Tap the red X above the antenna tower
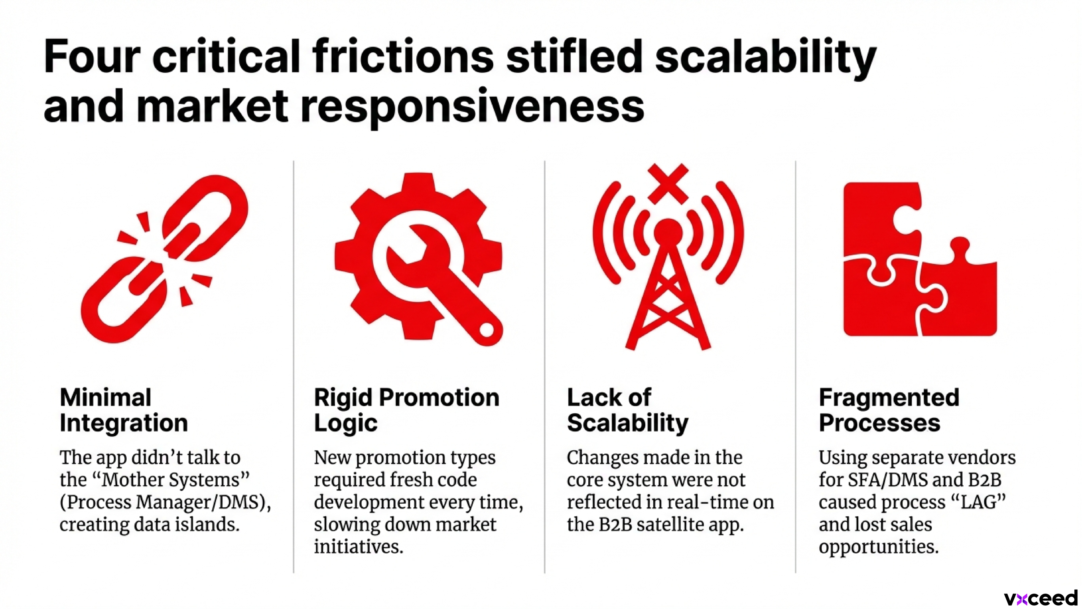(668, 184)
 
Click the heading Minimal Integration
(124, 410)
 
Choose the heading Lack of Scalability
(628, 410)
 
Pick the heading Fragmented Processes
(889, 410)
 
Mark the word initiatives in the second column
(358, 547)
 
